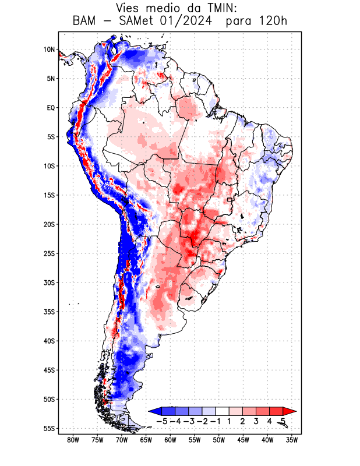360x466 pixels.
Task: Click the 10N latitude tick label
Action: point(49,50)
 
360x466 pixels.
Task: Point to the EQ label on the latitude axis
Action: point(50,108)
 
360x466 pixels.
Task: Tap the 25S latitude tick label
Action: point(49,253)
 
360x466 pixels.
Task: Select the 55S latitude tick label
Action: point(49,428)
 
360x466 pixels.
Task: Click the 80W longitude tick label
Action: point(73,440)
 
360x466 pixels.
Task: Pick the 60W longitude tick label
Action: point(170,440)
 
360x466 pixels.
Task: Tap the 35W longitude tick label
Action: point(292,440)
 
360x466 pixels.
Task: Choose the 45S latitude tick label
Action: point(49,370)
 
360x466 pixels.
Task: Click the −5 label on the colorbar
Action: point(163,421)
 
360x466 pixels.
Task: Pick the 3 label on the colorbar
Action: point(256,421)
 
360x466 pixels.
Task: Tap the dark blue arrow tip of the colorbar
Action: point(153,411)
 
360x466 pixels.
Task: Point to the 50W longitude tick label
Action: point(219,440)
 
